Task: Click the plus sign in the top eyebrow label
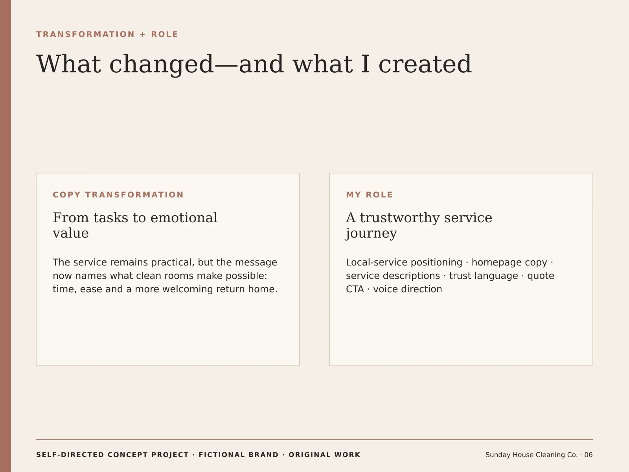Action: pos(143,34)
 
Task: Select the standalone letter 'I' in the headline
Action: pos(365,64)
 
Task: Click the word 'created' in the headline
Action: pos(425,64)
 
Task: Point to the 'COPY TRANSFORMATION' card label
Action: pos(118,195)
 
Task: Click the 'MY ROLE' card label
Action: pos(370,195)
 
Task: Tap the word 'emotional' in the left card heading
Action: pos(184,218)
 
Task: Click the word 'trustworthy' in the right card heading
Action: pos(400,218)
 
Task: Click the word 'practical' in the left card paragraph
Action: pos(173,262)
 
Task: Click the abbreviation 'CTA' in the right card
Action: pos(355,289)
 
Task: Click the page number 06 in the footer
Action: pos(588,455)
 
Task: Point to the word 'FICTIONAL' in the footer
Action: pos(238,455)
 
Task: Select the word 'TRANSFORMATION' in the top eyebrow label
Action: pos(85,34)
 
